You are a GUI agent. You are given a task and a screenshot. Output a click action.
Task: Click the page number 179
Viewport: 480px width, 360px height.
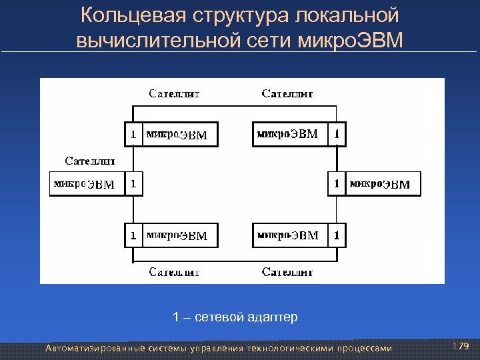(461, 347)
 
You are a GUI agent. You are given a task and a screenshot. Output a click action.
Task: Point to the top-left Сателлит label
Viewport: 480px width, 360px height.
(174, 94)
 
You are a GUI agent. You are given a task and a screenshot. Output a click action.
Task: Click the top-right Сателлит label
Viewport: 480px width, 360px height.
(287, 94)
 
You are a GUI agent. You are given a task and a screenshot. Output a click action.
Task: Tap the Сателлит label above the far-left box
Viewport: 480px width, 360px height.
(90, 161)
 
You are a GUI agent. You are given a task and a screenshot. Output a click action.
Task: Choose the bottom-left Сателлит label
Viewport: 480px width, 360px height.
(174, 271)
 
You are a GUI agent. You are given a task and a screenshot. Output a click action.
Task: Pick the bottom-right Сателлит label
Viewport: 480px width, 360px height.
(287, 271)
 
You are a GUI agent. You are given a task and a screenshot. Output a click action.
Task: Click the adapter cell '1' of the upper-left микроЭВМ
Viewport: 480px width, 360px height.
(133, 135)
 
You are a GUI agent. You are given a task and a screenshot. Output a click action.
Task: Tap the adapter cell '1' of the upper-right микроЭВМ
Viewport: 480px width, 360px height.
(338, 134)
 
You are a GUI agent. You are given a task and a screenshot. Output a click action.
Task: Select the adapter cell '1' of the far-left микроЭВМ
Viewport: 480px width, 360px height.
(133, 183)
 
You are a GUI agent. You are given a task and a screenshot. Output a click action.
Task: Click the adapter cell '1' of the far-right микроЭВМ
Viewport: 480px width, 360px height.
(337, 183)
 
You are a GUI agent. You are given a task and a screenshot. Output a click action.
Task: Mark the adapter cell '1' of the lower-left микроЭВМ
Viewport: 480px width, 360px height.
(133, 235)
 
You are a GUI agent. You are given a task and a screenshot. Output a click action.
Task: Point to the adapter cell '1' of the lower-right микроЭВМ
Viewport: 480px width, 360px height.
(338, 235)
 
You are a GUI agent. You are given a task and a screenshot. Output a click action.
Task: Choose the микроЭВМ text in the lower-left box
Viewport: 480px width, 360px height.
(177, 235)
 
